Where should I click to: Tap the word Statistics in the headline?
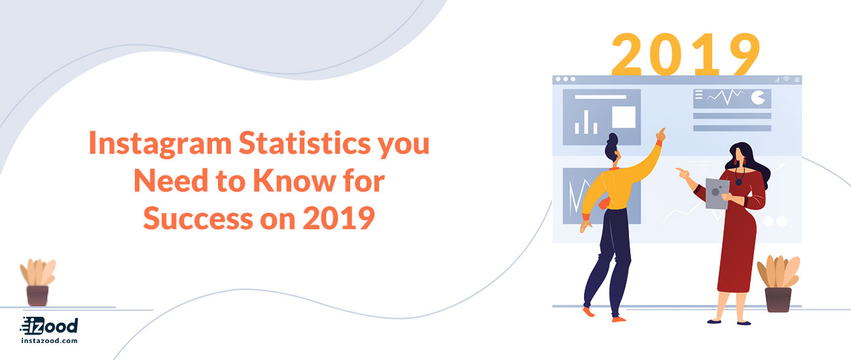304,143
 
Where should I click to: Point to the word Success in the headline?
198,218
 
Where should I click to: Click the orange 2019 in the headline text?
339,218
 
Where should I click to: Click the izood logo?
49,326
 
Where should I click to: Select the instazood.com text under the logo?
49,340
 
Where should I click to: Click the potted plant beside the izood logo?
37,282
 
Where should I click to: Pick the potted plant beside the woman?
778,283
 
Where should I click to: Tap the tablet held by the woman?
717,194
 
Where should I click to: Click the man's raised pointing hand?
661,135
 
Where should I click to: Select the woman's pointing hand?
682,173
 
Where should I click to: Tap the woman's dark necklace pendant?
738,182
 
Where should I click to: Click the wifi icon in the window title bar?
786,79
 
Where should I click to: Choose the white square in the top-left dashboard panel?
624,117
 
